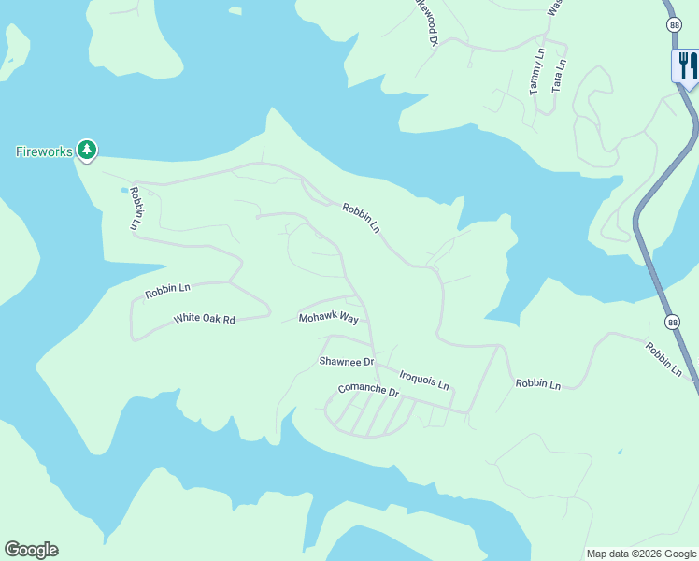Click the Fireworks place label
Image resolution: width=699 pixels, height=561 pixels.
44,151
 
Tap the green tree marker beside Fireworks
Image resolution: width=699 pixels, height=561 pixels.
87,150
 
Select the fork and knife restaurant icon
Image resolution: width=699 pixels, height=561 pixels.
687,65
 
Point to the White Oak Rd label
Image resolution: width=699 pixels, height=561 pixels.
204,320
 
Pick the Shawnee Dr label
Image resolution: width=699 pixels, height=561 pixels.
346,361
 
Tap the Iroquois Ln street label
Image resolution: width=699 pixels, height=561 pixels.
424,380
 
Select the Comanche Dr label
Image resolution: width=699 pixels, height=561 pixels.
368,390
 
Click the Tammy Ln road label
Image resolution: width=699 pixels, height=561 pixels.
536,73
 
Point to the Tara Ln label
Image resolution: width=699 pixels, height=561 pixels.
558,75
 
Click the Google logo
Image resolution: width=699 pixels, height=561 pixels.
31,550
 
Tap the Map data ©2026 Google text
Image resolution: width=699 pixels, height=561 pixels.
641,554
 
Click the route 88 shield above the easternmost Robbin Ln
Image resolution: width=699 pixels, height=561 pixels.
673,322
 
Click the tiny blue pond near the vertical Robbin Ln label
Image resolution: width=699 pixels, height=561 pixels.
124,190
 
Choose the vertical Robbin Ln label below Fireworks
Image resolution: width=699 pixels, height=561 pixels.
136,209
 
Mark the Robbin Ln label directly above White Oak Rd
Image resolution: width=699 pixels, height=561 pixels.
167,292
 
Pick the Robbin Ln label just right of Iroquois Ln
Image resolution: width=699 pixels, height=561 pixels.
537,384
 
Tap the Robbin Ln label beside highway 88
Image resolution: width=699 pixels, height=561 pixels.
663,360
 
